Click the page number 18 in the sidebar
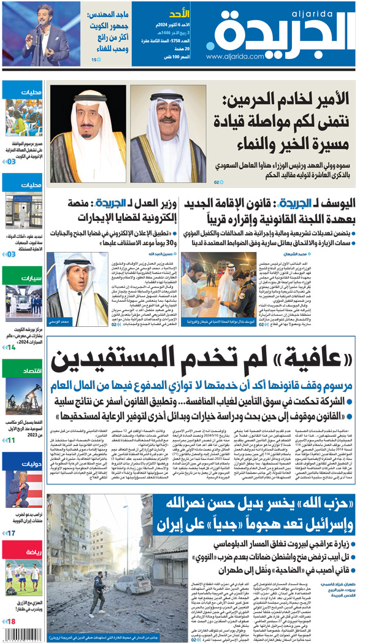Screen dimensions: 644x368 click(10, 621)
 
